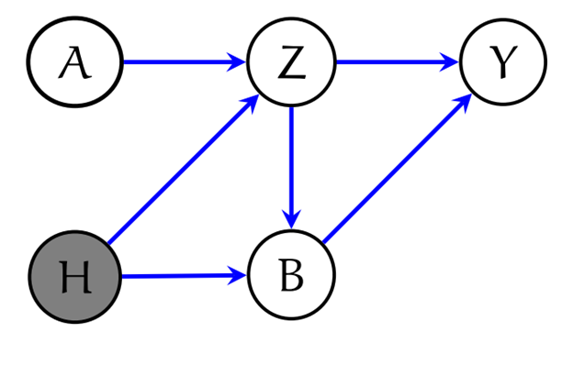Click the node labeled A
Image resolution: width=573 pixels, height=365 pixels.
(74, 63)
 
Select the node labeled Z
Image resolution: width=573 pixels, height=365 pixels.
(291, 63)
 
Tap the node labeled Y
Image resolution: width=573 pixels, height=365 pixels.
(502, 63)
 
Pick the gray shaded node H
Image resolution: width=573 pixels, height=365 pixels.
(74, 275)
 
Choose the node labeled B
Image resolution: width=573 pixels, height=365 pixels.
(291, 275)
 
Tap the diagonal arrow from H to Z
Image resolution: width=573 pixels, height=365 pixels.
(182, 170)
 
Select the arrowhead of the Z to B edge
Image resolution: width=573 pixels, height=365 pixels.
(291, 220)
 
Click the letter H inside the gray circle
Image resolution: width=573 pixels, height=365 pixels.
(74, 276)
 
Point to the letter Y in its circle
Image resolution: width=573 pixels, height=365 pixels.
(502, 63)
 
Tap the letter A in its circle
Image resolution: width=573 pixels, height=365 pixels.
(74, 63)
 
